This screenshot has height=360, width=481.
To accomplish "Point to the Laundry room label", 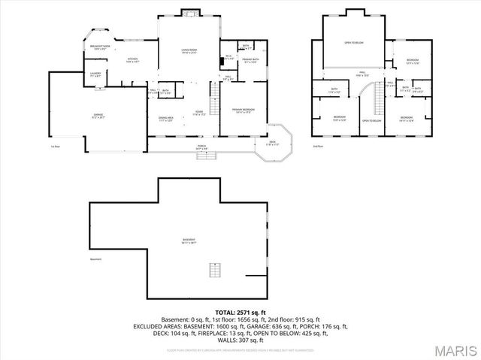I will [95, 74].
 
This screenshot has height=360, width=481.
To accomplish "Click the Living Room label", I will [189, 51].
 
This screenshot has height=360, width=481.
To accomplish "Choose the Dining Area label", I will [165, 119].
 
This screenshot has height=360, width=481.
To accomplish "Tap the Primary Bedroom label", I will [243, 111].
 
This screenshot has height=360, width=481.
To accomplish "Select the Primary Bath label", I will [250, 60].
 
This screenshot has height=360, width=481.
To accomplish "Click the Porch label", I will [201, 147].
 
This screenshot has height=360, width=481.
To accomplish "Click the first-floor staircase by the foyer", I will [213, 95].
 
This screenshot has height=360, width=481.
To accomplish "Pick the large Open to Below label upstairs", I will [354, 43].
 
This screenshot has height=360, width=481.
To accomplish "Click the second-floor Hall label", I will [361, 74].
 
